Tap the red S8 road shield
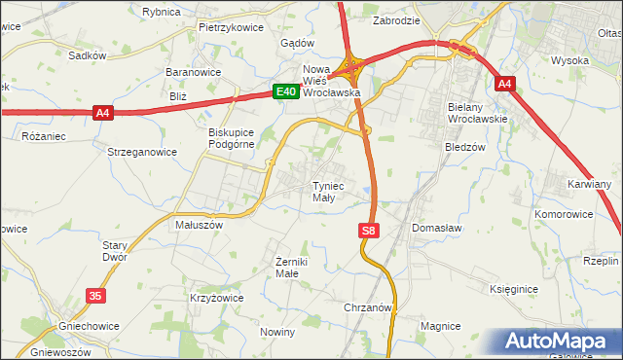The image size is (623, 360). (x=367, y=231)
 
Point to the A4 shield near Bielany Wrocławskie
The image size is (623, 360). (x=503, y=85)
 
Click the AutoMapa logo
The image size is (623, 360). (x=559, y=341)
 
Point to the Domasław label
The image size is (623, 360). (x=436, y=228)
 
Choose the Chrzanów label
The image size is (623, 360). (x=368, y=307)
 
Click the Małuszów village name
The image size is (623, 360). (x=199, y=224)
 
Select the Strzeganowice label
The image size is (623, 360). (x=142, y=152)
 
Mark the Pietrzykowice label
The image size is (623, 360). (x=231, y=27)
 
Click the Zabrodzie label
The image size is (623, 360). (x=397, y=19)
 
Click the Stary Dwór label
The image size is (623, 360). (x=115, y=252)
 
